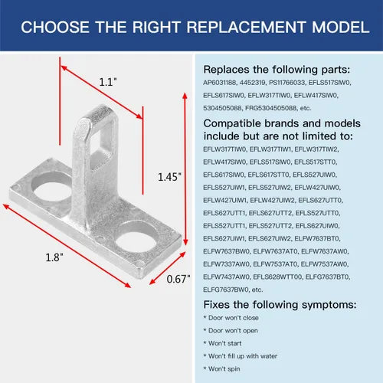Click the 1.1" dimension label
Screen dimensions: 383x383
[108, 82]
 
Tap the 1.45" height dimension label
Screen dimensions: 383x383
[169, 177]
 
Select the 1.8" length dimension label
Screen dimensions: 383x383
[54, 257]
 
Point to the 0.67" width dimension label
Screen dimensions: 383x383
[178, 279]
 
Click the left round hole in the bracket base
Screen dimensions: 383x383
[52, 188]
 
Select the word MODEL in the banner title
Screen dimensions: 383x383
[341, 27]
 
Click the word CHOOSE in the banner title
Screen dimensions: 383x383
[55, 27]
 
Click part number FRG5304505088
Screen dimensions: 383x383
[271, 108]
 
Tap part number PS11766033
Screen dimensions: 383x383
[286, 83]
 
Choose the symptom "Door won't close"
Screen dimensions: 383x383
[234, 318]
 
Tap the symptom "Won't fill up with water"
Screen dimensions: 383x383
[243, 356]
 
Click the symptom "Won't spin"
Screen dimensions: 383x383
[224, 369]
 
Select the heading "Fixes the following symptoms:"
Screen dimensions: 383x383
[280, 305]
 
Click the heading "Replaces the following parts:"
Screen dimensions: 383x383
[277, 70]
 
